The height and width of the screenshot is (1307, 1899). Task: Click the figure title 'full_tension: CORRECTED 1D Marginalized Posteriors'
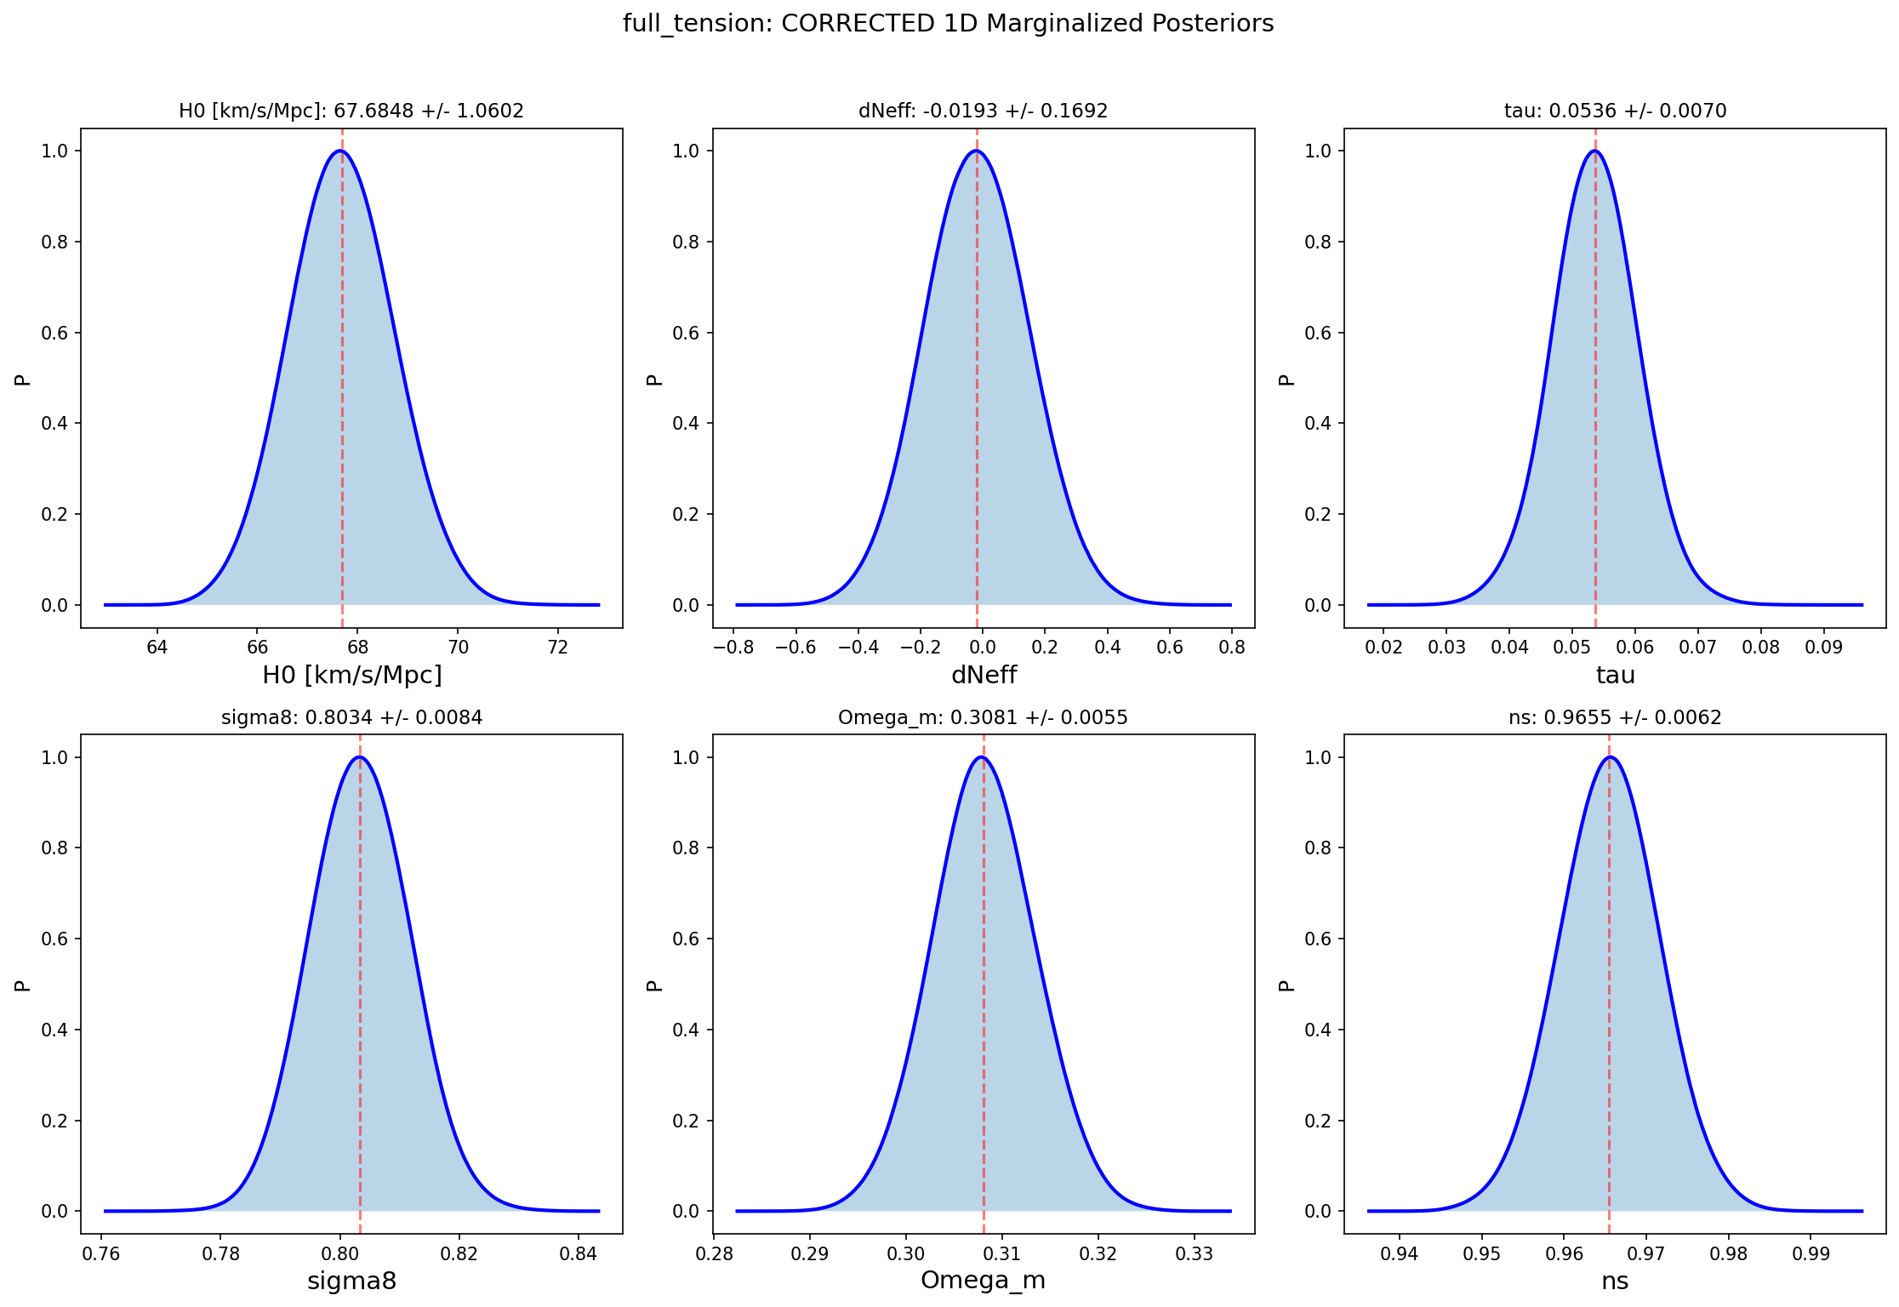(x=948, y=24)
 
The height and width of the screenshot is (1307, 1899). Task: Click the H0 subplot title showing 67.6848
(x=351, y=111)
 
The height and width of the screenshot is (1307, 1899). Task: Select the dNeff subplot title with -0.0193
(x=983, y=111)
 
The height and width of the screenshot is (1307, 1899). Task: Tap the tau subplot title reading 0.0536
(x=1615, y=111)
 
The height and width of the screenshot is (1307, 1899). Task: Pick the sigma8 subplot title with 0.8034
(x=351, y=717)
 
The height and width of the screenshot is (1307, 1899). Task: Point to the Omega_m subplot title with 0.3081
(x=983, y=717)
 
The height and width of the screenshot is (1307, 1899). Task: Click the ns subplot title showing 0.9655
(x=1615, y=717)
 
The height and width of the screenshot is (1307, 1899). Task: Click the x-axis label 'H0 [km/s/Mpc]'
(x=351, y=676)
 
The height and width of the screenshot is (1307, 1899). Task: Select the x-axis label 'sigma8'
(x=351, y=1281)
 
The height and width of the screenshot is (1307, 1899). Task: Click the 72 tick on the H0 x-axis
(x=557, y=648)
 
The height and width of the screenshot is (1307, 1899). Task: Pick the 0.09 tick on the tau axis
(x=1823, y=648)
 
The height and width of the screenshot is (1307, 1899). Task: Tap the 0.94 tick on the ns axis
(x=1400, y=1253)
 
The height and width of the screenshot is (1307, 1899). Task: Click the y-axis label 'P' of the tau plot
(x=1286, y=380)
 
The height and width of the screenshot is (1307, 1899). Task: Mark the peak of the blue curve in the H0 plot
(x=340, y=151)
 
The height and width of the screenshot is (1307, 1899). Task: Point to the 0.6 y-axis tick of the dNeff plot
(x=685, y=333)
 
